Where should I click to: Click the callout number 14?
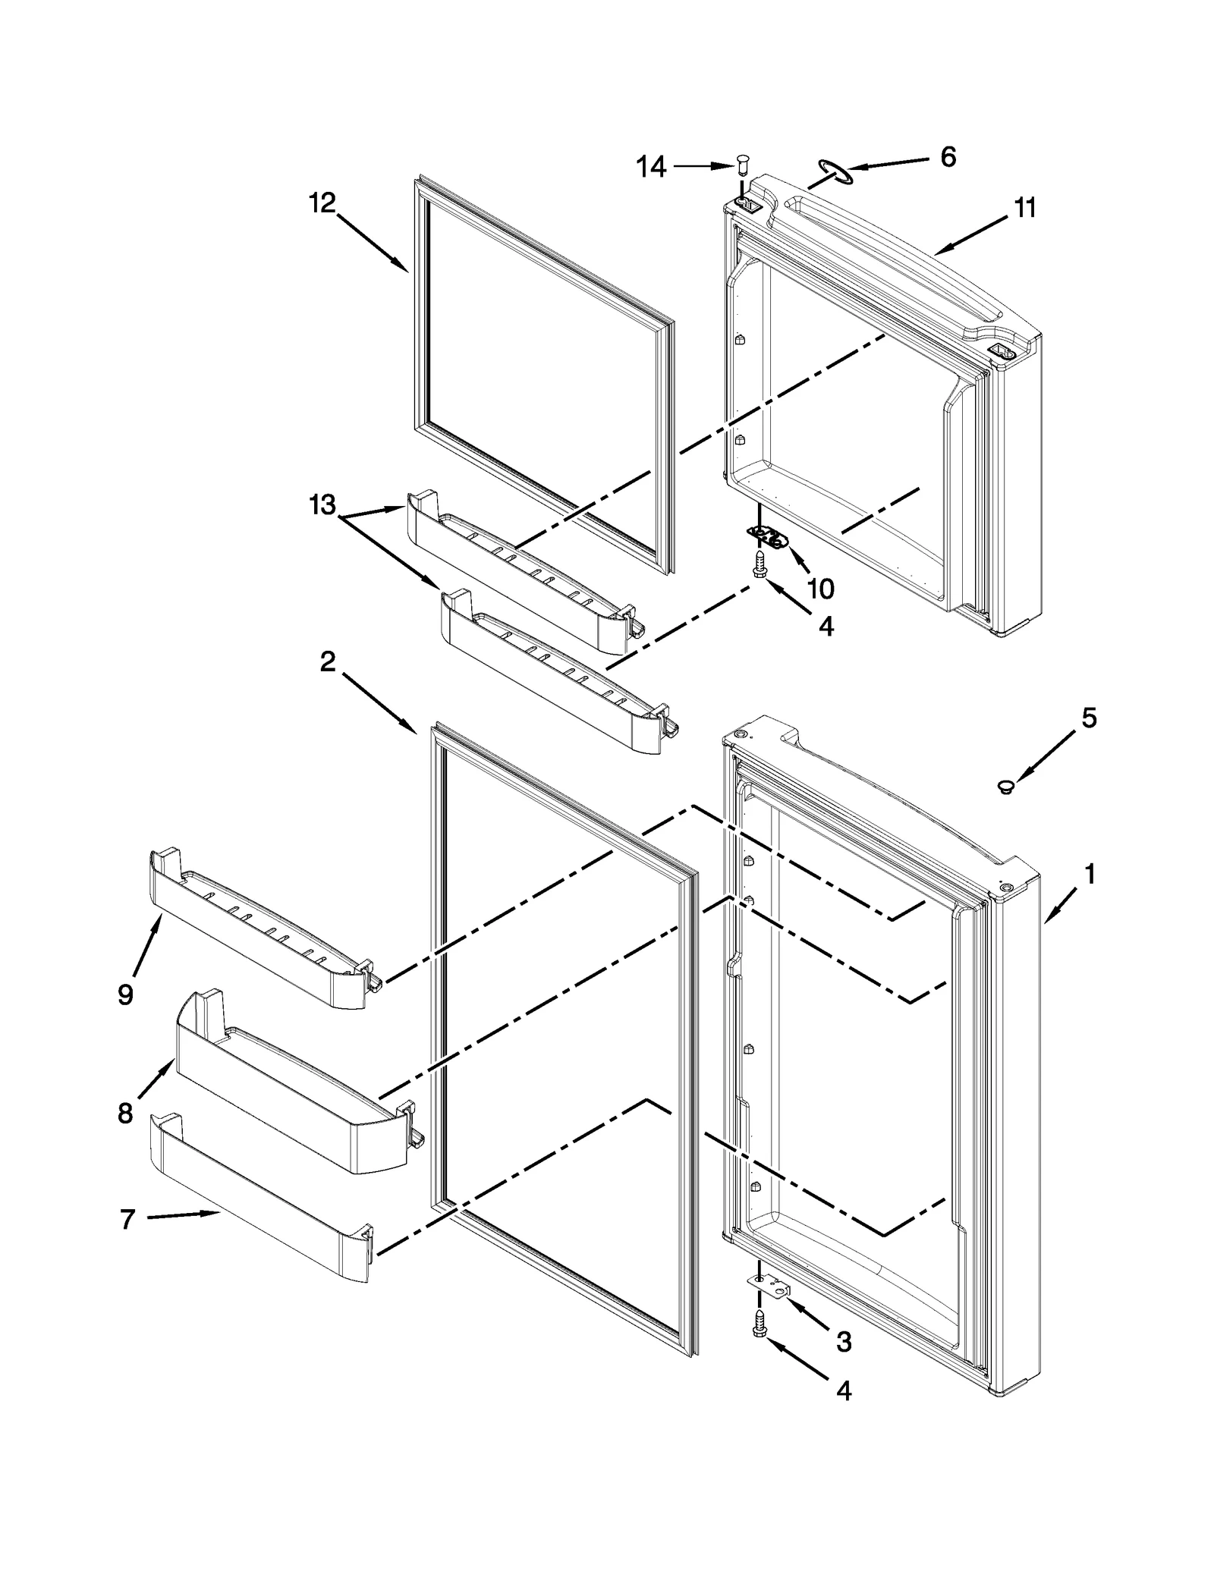651,167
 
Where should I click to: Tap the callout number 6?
948,157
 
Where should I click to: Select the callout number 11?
1024,208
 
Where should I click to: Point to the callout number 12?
322,203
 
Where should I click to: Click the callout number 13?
322,504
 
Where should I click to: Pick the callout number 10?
820,588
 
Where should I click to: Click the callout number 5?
1088,718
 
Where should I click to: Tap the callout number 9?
126,994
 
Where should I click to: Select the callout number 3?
843,1342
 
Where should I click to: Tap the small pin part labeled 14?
742,163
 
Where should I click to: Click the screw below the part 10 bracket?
759,565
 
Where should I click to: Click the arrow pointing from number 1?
1059,906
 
